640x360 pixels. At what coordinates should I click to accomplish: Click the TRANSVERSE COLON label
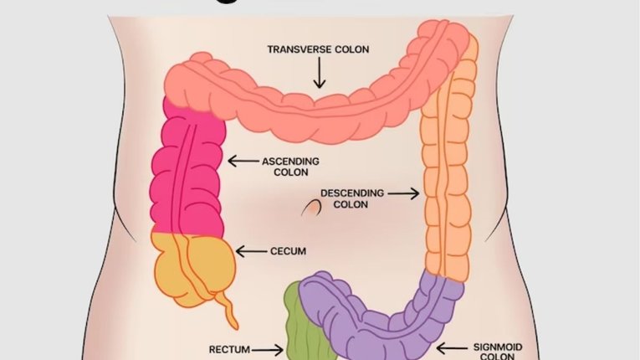coord(318,49)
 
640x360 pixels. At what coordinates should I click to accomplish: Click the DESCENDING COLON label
coord(358,198)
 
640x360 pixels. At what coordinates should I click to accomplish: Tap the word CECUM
coord(289,250)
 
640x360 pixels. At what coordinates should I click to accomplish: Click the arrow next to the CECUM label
coord(250,250)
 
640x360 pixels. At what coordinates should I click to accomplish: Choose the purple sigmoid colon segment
coord(393,322)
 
